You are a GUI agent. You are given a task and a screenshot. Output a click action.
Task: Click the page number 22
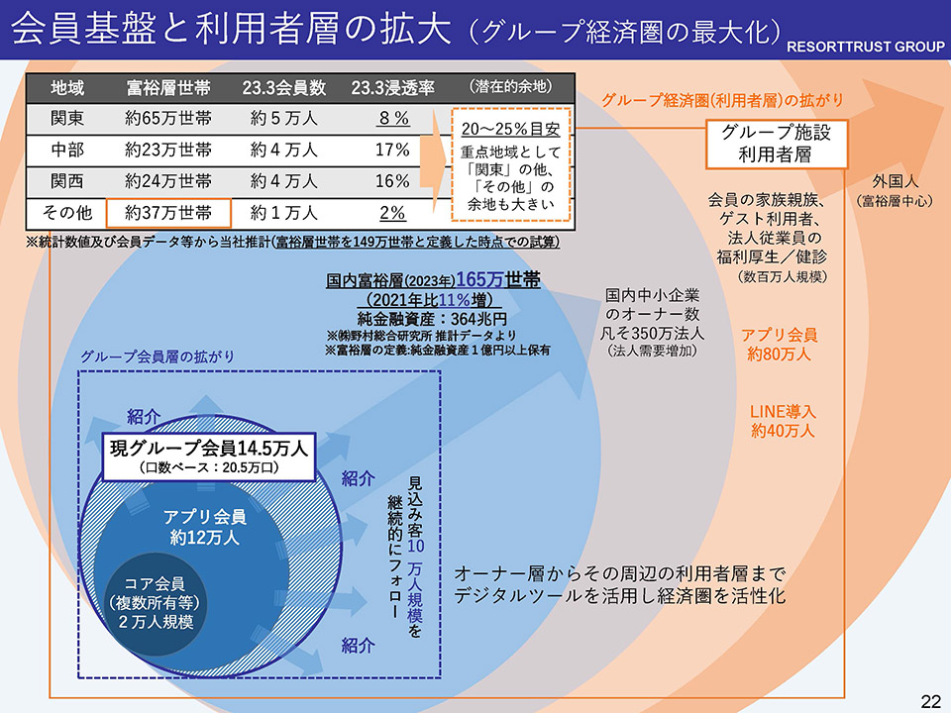click(930, 701)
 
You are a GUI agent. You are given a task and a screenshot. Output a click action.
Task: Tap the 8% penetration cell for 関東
click(392, 119)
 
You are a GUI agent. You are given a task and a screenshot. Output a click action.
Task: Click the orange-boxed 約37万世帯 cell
click(168, 212)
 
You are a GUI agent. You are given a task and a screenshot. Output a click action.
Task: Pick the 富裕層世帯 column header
click(168, 87)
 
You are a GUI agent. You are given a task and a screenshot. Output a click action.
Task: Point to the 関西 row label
click(67, 181)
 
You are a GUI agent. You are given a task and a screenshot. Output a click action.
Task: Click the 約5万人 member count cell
click(283, 119)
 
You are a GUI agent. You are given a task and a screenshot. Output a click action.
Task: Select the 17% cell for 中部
click(392, 151)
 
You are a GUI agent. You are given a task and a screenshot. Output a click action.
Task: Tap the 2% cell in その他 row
click(392, 212)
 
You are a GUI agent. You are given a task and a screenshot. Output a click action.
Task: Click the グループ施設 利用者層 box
click(777, 145)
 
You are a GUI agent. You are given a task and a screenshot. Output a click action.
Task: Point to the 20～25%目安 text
click(511, 130)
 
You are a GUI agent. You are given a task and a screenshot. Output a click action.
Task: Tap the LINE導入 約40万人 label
click(783, 420)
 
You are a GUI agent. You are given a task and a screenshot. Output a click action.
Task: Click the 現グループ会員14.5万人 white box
click(207, 456)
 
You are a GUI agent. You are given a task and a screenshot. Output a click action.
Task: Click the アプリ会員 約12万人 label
click(204, 527)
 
